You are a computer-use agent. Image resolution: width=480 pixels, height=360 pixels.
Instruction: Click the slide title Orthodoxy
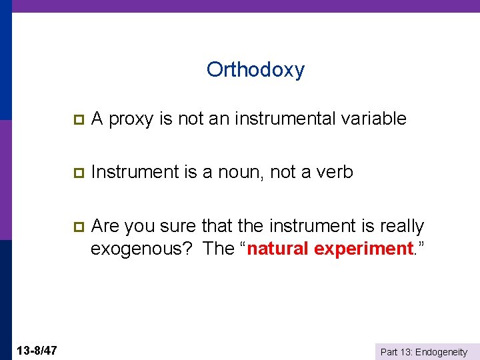[x=255, y=69]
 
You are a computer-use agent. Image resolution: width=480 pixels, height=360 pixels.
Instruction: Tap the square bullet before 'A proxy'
[x=78, y=119]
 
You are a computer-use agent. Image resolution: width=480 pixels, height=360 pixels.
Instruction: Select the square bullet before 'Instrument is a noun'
[x=78, y=173]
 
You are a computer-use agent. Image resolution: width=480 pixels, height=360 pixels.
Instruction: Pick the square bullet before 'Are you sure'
[x=78, y=227]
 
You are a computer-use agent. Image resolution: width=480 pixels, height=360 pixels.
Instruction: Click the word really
[x=402, y=227]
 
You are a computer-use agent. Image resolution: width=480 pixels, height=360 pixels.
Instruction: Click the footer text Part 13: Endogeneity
[x=424, y=352]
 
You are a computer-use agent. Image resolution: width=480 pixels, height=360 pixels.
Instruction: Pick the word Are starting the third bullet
[x=105, y=227]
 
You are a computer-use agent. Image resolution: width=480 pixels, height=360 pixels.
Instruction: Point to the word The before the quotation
[x=218, y=249]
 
